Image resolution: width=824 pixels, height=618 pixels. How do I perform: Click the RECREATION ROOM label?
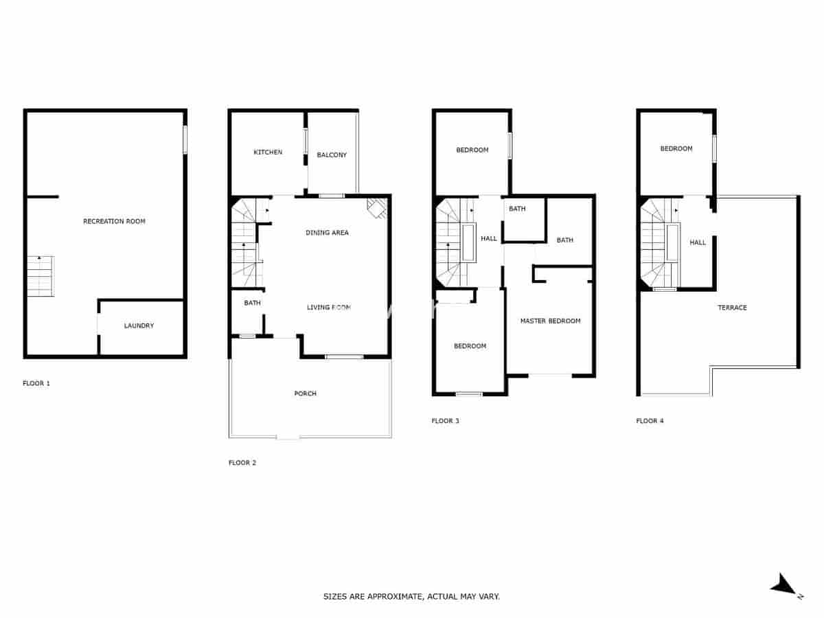(x=114, y=221)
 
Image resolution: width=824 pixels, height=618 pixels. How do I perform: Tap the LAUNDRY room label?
(x=139, y=325)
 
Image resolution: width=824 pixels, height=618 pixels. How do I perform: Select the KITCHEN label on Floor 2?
(x=268, y=152)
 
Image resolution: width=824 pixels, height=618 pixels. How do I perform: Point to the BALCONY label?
(x=332, y=155)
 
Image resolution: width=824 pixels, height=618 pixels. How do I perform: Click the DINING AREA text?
(x=327, y=233)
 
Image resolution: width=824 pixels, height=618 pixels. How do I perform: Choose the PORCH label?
(x=305, y=393)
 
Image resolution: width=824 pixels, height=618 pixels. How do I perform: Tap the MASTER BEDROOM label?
(x=550, y=321)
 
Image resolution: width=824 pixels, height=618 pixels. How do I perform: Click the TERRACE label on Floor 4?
(x=732, y=308)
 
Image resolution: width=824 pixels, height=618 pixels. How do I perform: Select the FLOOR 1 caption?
(x=36, y=383)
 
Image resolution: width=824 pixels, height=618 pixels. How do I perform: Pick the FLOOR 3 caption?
(x=446, y=421)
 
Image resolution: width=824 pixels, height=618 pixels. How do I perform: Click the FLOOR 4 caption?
(x=650, y=421)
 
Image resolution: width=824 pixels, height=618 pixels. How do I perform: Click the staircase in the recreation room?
(x=41, y=276)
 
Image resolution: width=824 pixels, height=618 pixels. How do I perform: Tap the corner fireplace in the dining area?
(x=377, y=207)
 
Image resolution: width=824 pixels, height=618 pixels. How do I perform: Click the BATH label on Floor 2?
(x=252, y=303)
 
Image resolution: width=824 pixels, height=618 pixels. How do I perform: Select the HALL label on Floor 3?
(x=489, y=238)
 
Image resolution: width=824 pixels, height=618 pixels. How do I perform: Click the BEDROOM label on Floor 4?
(x=676, y=148)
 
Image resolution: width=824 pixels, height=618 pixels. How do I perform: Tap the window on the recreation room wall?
(x=185, y=140)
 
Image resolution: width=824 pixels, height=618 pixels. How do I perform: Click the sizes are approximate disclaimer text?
(x=411, y=597)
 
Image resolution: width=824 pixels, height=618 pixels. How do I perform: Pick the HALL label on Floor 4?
(x=698, y=242)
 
